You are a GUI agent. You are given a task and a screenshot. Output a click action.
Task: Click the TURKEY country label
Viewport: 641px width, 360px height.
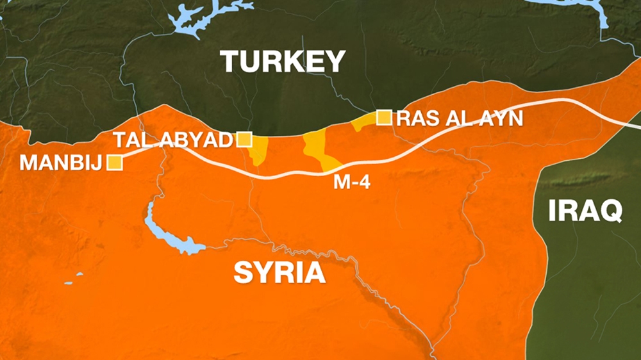click(283, 62)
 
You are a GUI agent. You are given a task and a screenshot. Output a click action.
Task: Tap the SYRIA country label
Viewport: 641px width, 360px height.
click(279, 272)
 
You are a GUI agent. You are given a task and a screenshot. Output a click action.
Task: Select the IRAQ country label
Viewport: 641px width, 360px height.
click(585, 211)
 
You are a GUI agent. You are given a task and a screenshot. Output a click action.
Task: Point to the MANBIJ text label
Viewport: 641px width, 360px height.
click(60, 163)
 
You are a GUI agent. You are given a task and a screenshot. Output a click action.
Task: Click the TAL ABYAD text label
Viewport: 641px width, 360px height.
click(172, 140)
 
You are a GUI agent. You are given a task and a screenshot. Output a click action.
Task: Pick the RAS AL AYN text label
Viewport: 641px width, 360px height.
click(460, 118)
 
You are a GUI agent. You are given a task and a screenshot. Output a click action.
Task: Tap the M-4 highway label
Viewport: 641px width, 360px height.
click(352, 182)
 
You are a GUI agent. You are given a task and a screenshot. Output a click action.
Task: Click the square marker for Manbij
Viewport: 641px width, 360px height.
click(115, 163)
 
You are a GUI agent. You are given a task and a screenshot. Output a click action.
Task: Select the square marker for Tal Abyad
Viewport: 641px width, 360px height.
click(244, 140)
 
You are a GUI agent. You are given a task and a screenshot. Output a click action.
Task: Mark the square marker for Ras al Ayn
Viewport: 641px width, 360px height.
click(384, 117)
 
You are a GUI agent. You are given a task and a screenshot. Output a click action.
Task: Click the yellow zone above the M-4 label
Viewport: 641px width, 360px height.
click(317, 151)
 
